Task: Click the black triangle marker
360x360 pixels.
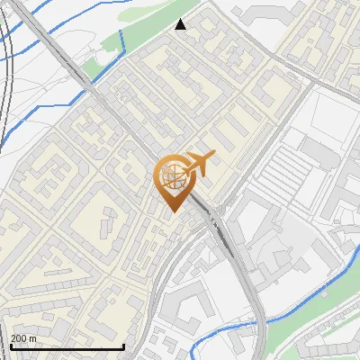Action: click(181, 24)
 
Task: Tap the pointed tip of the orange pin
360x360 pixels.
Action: click(171, 211)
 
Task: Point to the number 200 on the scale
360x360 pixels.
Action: click(17, 338)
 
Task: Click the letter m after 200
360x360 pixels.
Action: click(32, 338)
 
